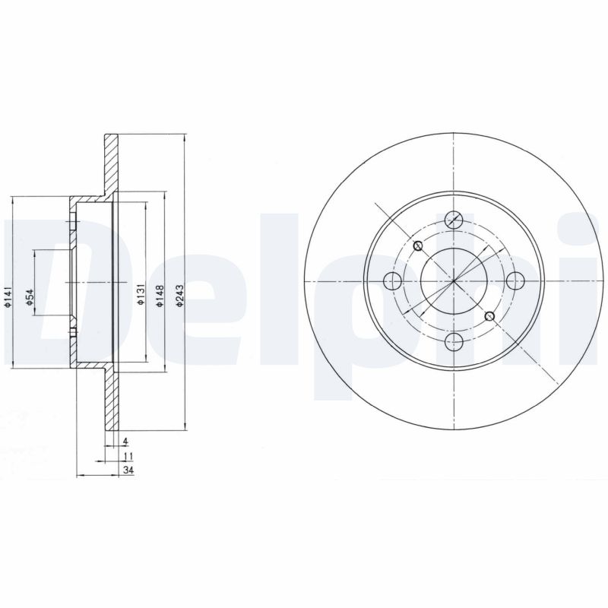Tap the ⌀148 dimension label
[x=160, y=296]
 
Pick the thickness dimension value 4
[x=125, y=441]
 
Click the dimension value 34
[x=128, y=470]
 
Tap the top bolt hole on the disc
[x=454, y=220]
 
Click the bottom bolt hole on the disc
[x=454, y=340]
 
